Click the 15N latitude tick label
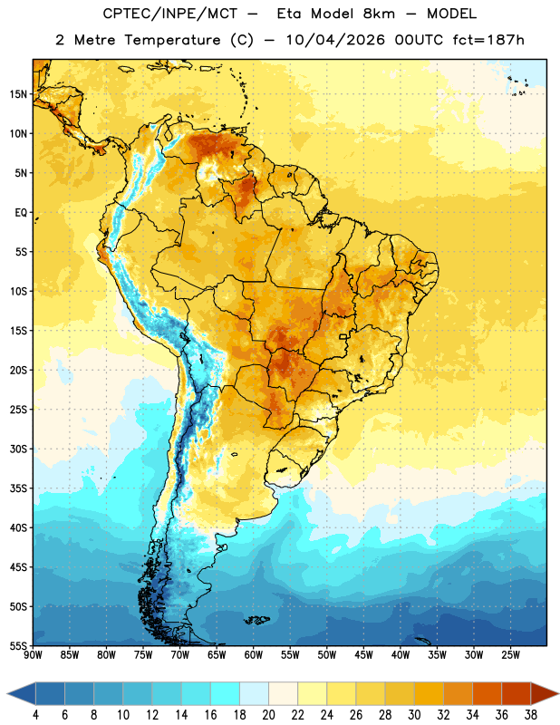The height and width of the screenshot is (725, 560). tap(18, 94)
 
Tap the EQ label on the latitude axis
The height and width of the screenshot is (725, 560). tap(21, 213)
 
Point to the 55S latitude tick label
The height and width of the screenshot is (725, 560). tap(18, 645)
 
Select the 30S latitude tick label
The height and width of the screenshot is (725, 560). tap(18, 449)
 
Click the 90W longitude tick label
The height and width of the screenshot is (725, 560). tap(33, 655)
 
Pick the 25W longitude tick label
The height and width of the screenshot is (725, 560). tap(510, 655)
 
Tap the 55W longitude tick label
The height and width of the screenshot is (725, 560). tap(290, 655)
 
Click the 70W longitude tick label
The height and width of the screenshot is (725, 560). tap(180, 655)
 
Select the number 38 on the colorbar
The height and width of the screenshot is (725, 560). tap(531, 715)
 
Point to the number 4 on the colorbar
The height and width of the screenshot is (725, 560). tap(35, 715)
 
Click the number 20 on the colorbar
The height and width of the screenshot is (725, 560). tap(268, 715)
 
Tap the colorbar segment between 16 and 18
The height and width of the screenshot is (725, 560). tap(226, 694)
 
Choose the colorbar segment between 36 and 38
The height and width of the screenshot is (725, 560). tap(517, 694)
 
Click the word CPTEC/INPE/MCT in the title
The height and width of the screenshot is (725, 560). tap(170, 14)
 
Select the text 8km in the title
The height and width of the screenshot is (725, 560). tap(379, 14)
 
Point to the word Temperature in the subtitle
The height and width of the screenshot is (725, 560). tap(172, 40)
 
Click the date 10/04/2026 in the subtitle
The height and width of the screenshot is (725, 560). tap(335, 40)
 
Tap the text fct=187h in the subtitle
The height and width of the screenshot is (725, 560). tap(488, 40)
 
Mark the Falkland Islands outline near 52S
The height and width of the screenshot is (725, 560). tap(257, 620)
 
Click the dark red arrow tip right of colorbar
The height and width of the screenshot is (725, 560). tap(546, 694)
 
